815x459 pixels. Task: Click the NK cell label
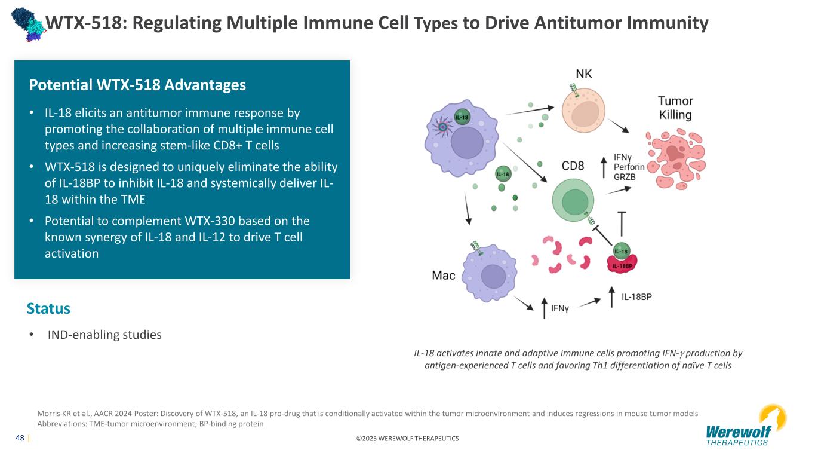(583, 74)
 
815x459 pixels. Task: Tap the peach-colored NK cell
(583, 111)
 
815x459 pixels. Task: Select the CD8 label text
(573, 166)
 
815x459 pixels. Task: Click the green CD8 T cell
(573, 200)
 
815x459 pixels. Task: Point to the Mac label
(443, 276)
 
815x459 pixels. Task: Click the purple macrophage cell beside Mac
(490, 273)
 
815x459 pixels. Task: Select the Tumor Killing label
(675, 108)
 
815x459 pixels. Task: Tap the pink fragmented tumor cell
(676, 159)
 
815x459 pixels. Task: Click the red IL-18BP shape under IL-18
(622, 264)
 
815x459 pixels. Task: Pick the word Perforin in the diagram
(629, 167)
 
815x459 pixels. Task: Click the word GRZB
(625, 177)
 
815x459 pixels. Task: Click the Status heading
(48, 308)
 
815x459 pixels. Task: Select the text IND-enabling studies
(104, 335)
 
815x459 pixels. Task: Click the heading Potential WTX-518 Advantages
(137, 85)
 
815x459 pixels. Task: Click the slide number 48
(20, 438)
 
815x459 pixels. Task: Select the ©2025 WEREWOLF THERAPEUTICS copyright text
(407, 439)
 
